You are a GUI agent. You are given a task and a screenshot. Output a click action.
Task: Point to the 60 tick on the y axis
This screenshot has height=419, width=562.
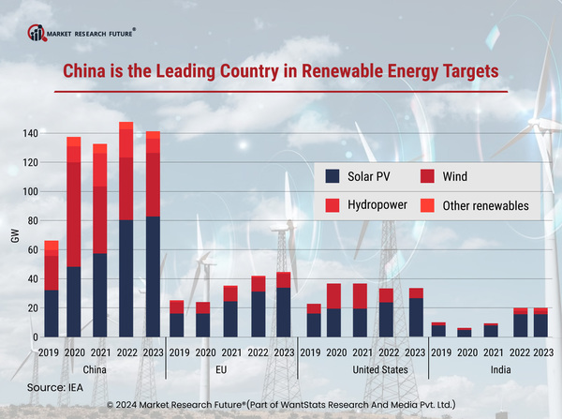[x=32, y=249]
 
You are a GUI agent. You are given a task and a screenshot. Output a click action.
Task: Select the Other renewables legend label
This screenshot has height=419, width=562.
[x=486, y=205]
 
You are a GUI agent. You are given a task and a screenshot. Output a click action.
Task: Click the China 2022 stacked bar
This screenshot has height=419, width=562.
[x=126, y=230]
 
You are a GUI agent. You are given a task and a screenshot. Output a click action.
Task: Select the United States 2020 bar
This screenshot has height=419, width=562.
[x=333, y=310]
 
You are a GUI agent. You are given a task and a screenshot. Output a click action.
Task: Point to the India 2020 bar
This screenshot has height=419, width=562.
[x=465, y=332]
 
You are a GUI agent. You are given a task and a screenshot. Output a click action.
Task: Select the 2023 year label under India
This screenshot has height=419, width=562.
[x=540, y=353]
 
